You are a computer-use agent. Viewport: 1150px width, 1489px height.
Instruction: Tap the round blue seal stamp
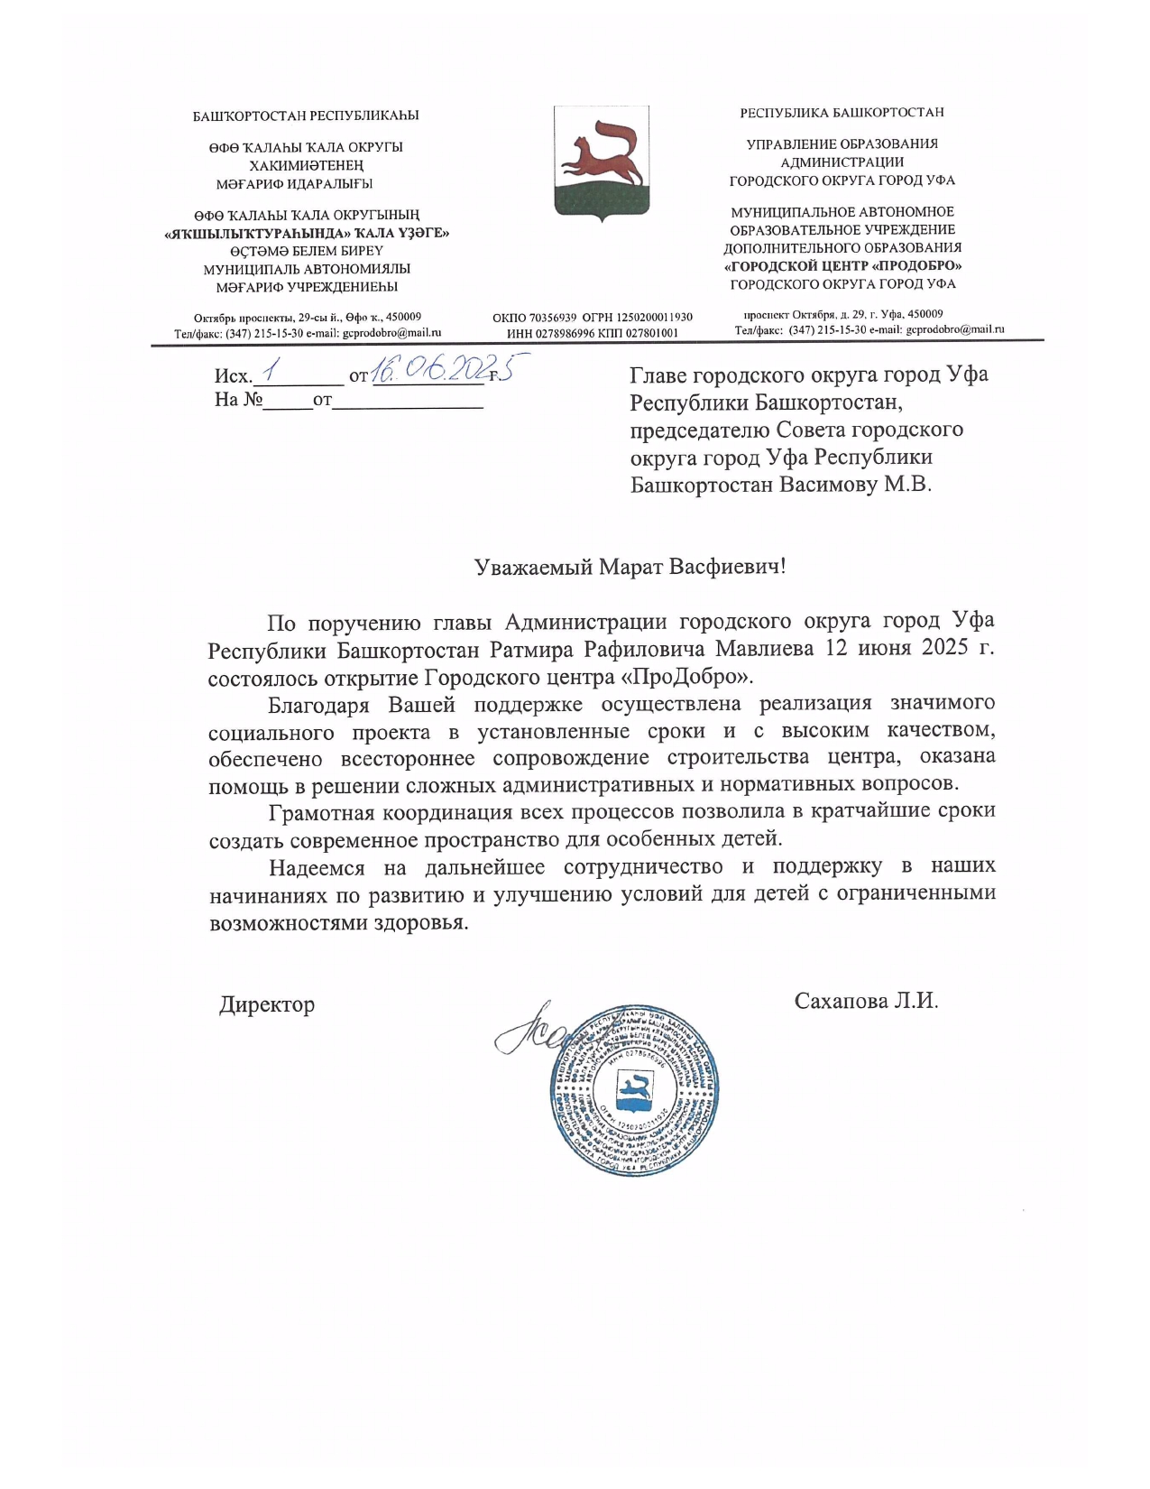pyautogui.click(x=634, y=1089)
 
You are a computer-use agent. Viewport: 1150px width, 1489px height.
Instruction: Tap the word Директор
pyautogui.click(x=267, y=1004)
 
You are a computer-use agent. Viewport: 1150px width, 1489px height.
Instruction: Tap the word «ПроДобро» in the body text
pyautogui.click(x=700, y=676)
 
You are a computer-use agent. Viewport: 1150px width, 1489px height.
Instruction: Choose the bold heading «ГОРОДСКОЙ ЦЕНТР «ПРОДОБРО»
pyautogui.click(x=842, y=266)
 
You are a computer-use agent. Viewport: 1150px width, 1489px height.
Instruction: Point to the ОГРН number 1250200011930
pyautogui.click(x=655, y=318)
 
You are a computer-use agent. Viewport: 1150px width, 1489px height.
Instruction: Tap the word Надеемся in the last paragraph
pyautogui.click(x=317, y=867)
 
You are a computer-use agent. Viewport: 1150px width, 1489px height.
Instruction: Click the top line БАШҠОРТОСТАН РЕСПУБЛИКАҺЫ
pyautogui.click(x=306, y=116)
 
